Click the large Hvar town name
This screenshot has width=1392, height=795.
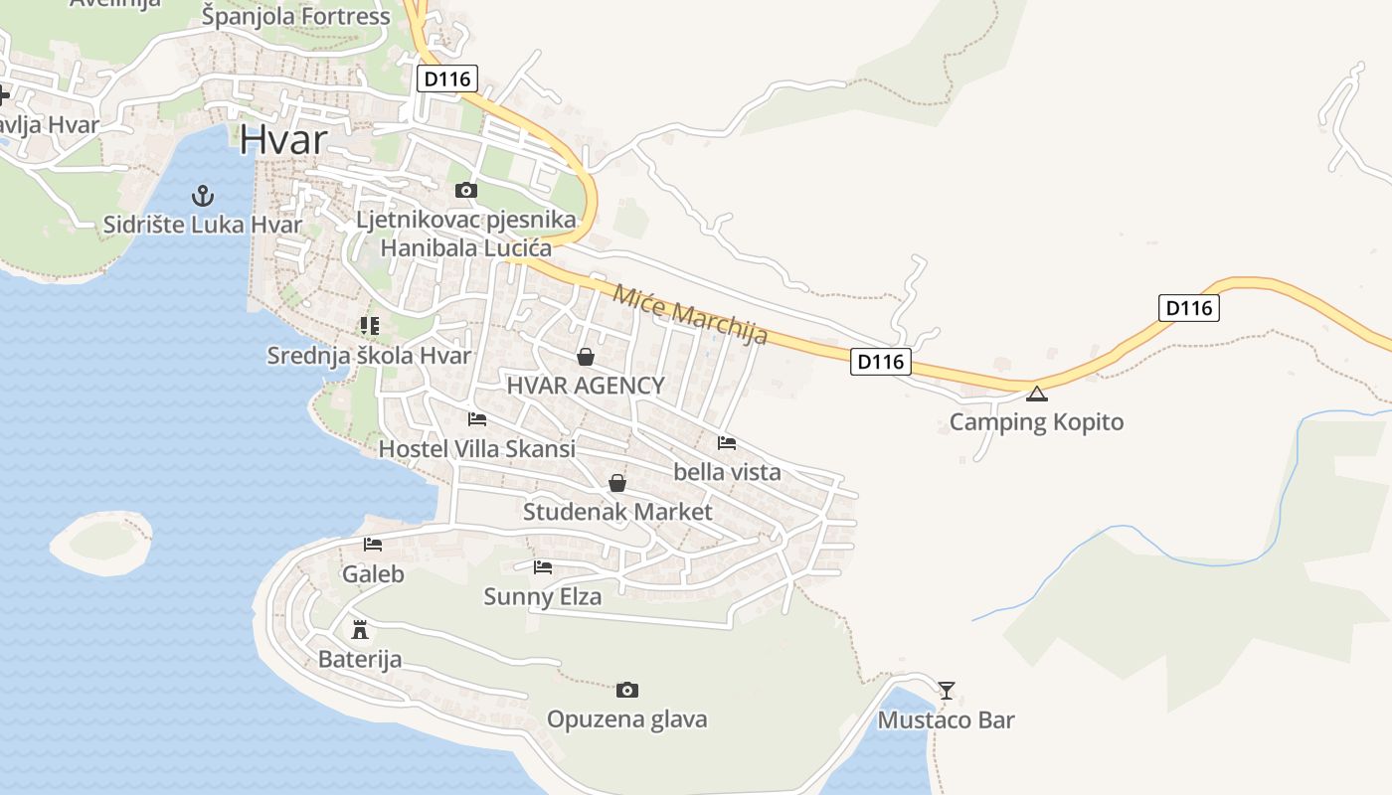coord(283,139)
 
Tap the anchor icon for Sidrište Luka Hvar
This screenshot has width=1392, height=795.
coord(203,195)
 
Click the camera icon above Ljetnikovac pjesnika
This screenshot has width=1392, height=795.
coord(465,190)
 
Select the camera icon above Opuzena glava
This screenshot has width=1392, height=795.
coord(626,690)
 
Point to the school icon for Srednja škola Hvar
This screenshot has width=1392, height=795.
coord(369,326)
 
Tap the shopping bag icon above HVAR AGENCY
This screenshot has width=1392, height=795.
coord(586,357)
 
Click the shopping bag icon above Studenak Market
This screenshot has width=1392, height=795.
coord(617,484)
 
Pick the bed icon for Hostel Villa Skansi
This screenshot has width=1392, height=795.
coord(477,419)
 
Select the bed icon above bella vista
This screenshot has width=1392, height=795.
coord(727,443)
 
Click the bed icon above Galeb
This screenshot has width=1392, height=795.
coord(373,545)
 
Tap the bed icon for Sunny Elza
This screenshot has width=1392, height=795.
coord(543,567)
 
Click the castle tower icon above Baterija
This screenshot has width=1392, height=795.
coord(360,630)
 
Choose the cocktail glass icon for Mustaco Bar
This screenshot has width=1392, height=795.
coord(947,690)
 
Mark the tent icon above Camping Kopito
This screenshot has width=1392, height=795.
coord(1037,394)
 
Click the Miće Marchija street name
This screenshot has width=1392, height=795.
coord(690,314)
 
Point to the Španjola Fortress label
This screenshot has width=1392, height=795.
coord(296,17)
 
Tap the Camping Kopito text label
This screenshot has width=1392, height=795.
coord(1037,422)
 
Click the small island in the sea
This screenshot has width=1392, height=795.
coord(102,540)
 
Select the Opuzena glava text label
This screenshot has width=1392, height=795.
coord(627,719)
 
